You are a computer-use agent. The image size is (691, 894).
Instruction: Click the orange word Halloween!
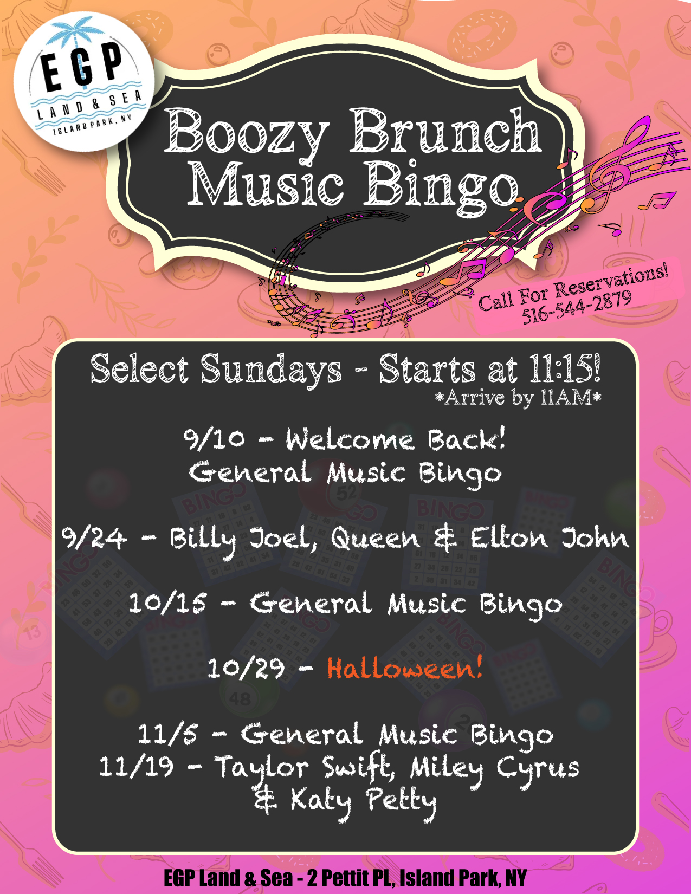404,668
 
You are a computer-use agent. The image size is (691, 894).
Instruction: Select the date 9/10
214,439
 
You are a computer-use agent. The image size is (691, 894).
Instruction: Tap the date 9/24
94,537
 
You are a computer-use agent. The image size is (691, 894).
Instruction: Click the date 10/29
246,668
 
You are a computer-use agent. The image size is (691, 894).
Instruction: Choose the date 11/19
137,767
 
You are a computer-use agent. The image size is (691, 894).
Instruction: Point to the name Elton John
550,537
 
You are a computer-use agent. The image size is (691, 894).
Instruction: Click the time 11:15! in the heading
565,368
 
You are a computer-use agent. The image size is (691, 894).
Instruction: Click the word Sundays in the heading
271,370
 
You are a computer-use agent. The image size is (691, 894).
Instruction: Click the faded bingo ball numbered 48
240,698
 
